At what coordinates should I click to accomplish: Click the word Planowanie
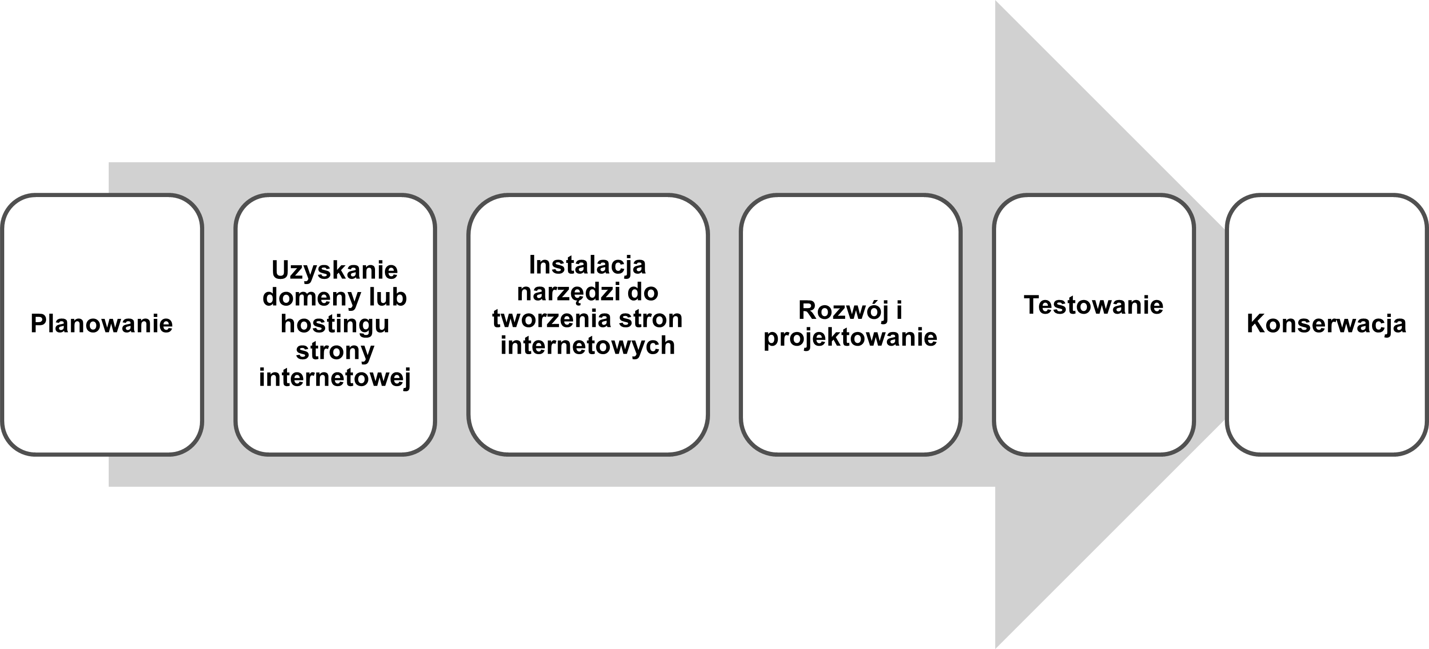point(102,324)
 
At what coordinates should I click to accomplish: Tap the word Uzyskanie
point(335,271)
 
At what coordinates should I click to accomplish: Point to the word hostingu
point(335,324)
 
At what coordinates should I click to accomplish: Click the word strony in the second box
point(335,351)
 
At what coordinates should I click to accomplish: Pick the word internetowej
point(335,378)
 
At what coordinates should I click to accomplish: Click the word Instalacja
point(588,265)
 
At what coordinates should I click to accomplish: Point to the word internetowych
point(588,346)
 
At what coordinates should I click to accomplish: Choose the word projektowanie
point(850,338)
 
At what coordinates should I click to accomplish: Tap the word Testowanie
point(1094,305)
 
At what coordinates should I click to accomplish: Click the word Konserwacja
point(1326,324)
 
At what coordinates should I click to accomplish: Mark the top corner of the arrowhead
point(996,1)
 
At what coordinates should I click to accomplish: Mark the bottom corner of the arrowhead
point(996,647)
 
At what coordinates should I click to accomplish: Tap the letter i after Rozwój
point(899,310)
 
